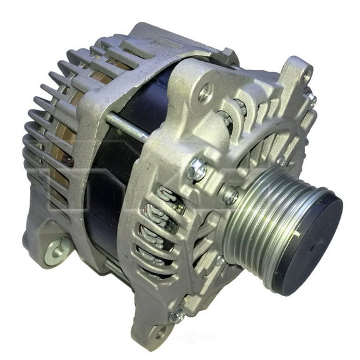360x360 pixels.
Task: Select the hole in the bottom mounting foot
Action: click(160, 332)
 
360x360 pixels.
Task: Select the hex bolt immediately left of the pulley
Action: click(229, 196)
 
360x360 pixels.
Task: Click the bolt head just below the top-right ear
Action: click(311, 98)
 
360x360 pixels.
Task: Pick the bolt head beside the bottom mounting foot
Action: click(177, 316)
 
